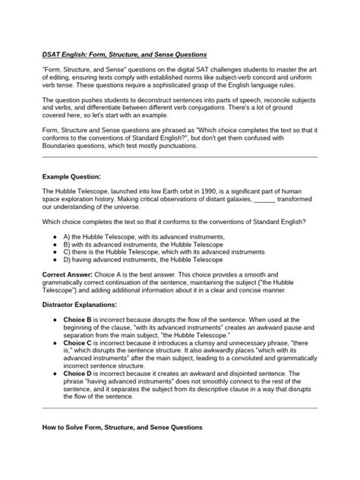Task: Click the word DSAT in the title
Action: coord(52,55)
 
